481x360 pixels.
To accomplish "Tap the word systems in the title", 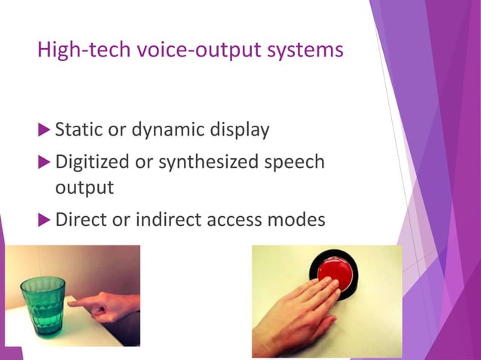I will pyautogui.click(x=310, y=50).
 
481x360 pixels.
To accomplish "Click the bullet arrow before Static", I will pyautogui.click(x=44, y=130).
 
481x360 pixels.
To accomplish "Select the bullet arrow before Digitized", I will pyautogui.click(x=44, y=162).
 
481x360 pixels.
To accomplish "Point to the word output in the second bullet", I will pyautogui.click(x=84, y=187).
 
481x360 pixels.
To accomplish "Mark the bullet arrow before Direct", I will pyautogui.click(x=44, y=221).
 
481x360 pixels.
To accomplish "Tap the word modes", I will pyautogui.click(x=299, y=220).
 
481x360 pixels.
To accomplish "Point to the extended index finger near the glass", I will pyautogui.click(x=84, y=302).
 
